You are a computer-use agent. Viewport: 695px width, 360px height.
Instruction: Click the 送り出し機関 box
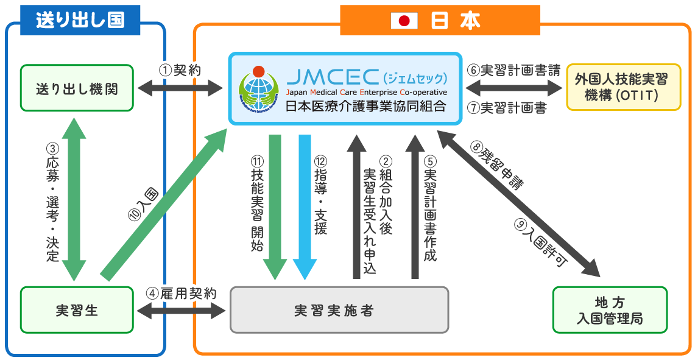76,89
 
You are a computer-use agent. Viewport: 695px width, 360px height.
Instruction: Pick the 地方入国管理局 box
610,310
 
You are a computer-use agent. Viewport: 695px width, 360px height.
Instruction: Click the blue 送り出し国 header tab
80,19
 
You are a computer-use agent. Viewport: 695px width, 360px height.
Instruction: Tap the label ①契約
180,70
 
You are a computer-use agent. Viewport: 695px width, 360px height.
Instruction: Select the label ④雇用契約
181,293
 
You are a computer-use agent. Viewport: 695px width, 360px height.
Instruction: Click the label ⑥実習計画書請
513,69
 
